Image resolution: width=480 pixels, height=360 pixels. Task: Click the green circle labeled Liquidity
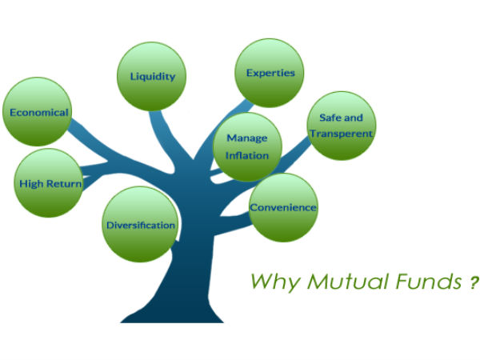point(158,77)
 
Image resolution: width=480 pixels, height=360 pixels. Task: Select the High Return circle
point(50,183)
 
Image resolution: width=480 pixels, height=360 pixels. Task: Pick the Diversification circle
point(141,224)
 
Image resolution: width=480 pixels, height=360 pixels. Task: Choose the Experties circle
point(270,73)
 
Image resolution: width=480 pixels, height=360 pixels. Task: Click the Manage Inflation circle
point(247,146)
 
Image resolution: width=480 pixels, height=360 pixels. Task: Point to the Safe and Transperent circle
point(341,126)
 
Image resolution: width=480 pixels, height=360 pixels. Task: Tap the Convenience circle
point(283,207)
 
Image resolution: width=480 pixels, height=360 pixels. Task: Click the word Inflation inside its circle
point(247,155)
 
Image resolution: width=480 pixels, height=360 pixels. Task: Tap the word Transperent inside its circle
point(341,134)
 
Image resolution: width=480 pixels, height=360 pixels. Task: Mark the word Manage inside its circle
point(247,138)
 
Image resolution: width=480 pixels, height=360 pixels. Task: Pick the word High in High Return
point(32,183)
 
